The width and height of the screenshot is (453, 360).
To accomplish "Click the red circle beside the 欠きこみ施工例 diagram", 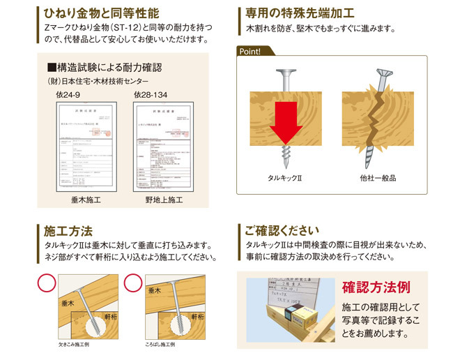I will [x=46, y=283].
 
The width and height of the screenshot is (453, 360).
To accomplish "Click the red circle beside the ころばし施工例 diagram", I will [x=133, y=283].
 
